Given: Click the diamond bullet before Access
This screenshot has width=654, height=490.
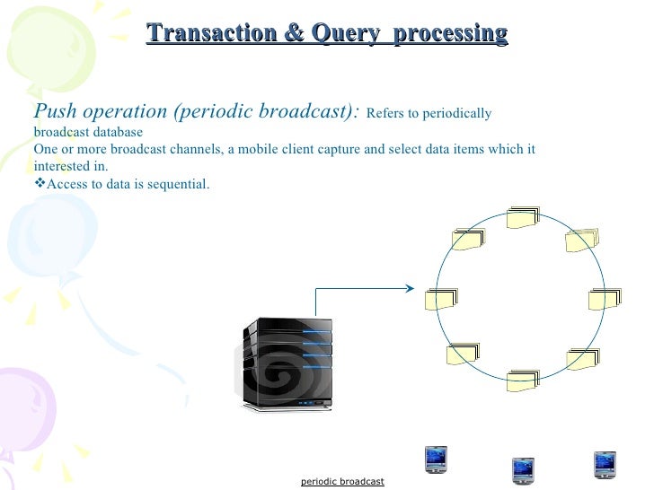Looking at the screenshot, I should [x=39, y=184].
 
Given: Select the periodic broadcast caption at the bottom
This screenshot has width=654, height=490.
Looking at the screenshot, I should [x=342, y=482].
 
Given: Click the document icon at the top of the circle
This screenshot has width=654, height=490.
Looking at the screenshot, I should [x=522, y=218].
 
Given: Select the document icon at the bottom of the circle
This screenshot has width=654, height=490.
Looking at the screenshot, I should [x=522, y=381].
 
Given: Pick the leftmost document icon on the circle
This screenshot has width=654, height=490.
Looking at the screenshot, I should [x=441, y=299].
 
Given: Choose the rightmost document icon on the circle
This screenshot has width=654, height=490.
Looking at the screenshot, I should [x=605, y=299].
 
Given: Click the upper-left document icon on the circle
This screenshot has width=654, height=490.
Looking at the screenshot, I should [x=467, y=240].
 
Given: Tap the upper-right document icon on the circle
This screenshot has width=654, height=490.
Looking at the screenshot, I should [x=581, y=240].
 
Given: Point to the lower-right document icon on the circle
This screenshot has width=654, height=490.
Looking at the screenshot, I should [x=582, y=359].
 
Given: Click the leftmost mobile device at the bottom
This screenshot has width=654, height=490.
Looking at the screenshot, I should [x=436, y=459].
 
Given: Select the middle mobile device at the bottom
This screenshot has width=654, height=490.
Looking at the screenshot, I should [x=523, y=469].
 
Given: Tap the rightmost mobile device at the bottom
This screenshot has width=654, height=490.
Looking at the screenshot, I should [x=605, y=463].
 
